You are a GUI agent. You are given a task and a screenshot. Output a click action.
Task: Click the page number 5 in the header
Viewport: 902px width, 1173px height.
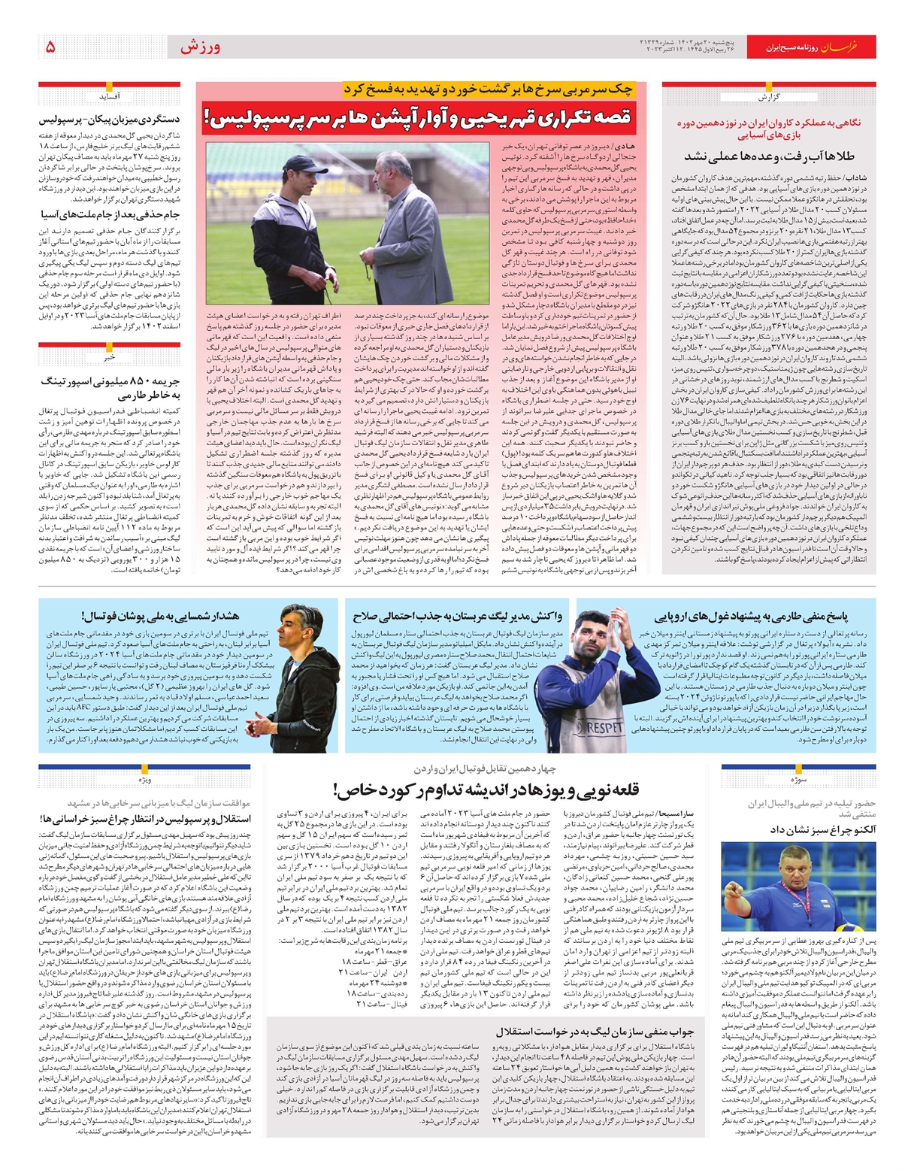50,47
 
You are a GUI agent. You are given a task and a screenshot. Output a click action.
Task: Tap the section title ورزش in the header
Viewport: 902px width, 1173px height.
200,47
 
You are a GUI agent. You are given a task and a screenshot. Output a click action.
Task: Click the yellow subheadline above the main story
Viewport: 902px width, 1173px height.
489,89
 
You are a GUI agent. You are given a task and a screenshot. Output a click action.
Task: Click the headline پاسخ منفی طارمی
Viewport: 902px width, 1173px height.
750,617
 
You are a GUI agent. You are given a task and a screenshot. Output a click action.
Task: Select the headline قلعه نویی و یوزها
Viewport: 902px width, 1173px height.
486,790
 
